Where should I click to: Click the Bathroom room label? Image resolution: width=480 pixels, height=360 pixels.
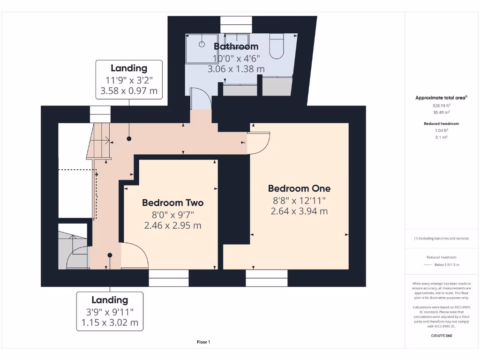coord(236,46)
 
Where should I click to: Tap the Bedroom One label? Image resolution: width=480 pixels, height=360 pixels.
coord(299,188)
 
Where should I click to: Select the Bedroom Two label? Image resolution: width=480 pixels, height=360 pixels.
coord(172,203)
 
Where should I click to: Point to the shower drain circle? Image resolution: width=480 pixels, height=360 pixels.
coord(202,45)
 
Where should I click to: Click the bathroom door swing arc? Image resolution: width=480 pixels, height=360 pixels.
coord(202,98)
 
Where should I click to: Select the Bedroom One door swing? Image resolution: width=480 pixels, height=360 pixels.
coord(259,143)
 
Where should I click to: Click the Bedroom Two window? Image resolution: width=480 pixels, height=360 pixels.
coord(169,278)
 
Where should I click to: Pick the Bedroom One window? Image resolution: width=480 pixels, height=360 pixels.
coord(267,278)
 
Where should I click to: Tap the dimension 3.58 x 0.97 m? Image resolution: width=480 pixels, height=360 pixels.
coord(129,90)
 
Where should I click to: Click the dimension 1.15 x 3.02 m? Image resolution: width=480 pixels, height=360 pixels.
coord(110,322)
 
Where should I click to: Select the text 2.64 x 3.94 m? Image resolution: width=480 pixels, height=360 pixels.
coord(299,211)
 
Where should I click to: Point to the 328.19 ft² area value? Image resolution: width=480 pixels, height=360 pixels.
coord(441,106)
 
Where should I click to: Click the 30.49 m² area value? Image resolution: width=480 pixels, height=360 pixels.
coord(441,112)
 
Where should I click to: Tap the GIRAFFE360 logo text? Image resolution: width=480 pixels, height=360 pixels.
coord(441,336)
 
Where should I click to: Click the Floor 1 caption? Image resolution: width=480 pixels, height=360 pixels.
coord(203,342)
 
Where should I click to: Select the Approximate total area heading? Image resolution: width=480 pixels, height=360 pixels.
coord(441,97)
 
